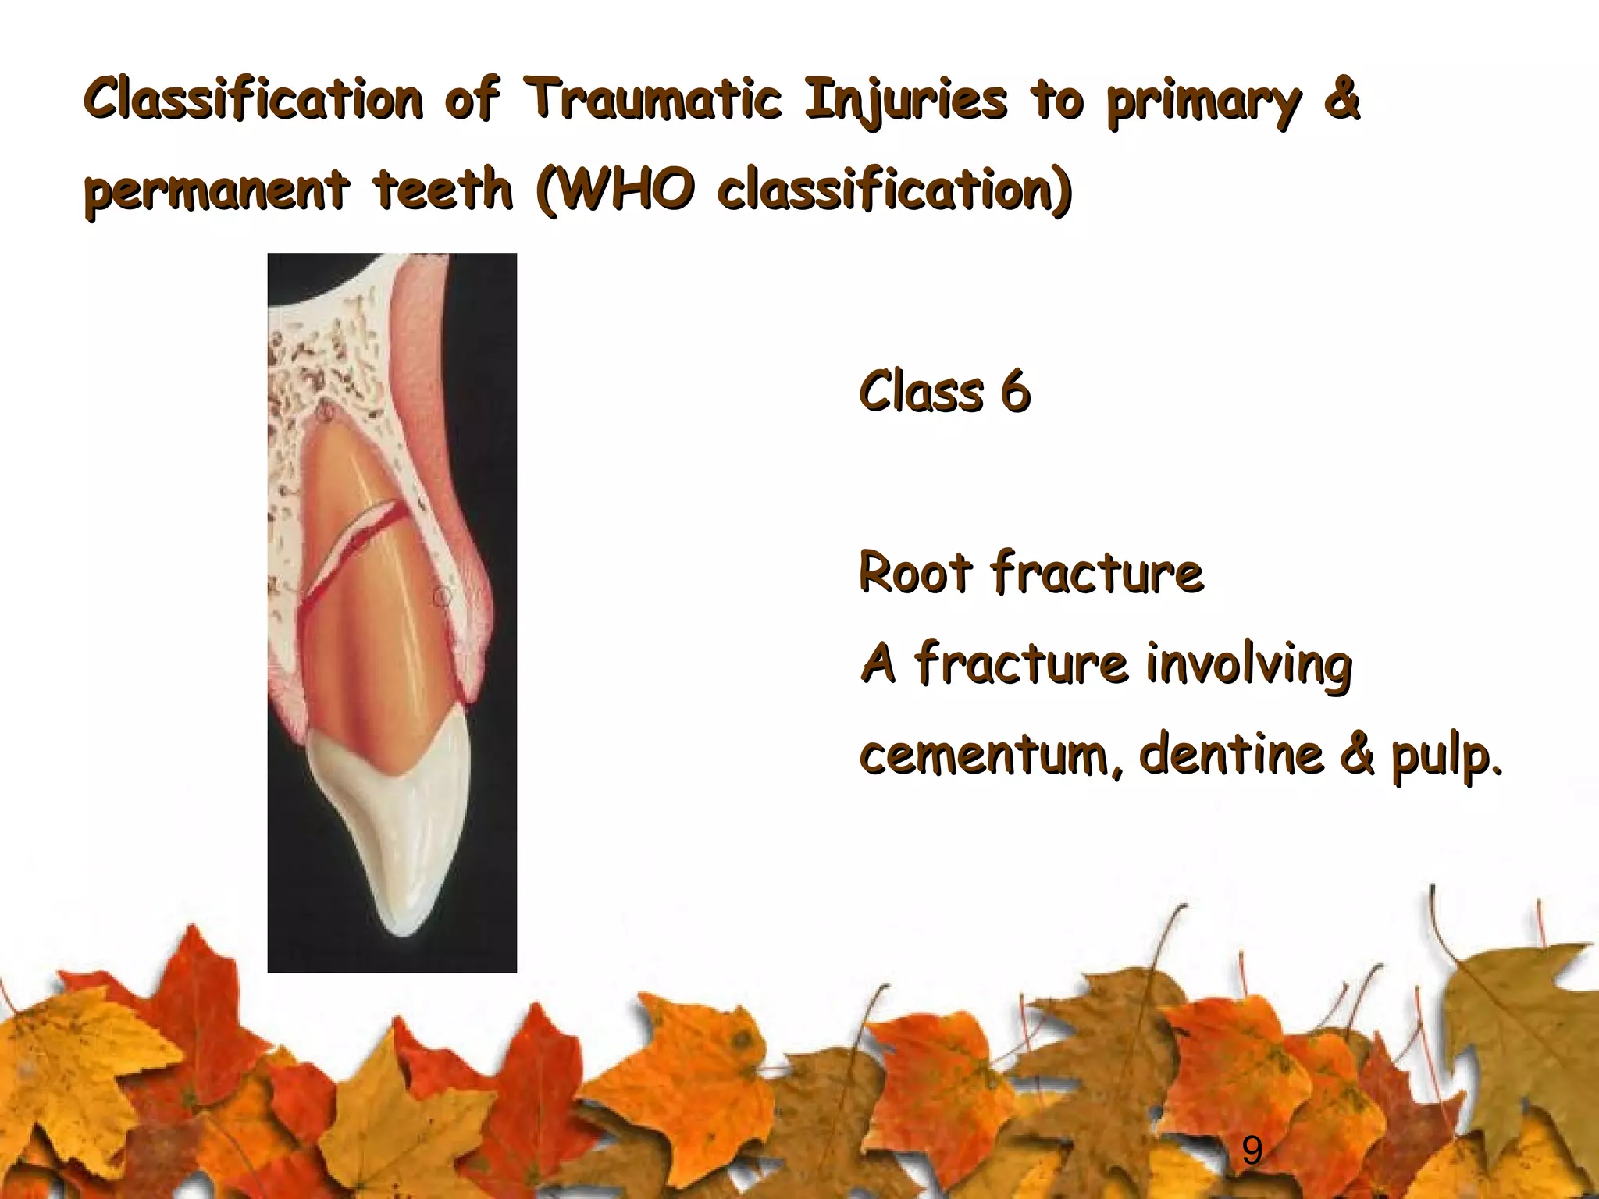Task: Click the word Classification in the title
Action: [254, 100]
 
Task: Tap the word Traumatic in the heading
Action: [652, 100]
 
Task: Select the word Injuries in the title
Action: [906, 101]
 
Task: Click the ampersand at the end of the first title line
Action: [1341, 100]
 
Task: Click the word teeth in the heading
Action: [443, 190]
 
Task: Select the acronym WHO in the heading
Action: [625, 190]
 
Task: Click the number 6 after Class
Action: [1015, 392]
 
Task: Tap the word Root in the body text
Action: [915, 574]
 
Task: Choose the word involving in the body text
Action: [1249, 666]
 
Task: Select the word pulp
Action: [1444, 757]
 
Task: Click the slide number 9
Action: [1252, 1151]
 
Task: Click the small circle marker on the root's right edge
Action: [442, 597]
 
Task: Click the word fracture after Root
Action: [1097, 574]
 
